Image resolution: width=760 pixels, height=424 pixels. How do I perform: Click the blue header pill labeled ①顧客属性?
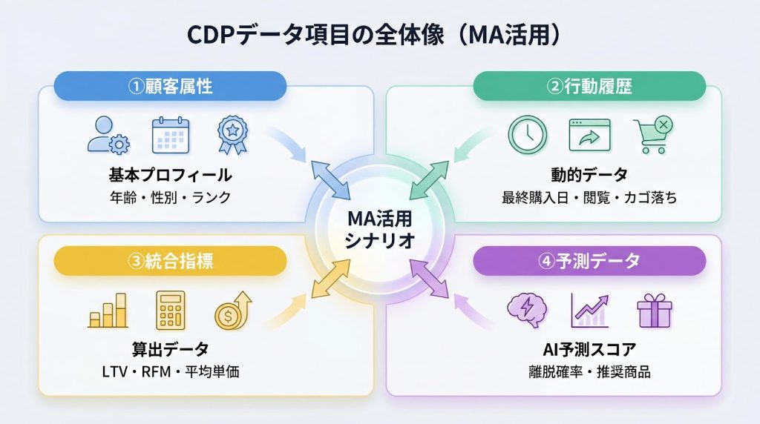point(170,86)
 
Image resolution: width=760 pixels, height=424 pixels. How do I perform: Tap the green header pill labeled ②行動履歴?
point(589,86)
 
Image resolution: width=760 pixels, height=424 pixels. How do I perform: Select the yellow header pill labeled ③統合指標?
point(170,261)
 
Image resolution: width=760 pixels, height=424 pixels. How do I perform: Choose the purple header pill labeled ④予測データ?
point(589,261)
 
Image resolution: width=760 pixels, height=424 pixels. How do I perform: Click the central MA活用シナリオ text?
point(379,231)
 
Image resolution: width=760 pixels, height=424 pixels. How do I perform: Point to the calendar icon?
point(171,136)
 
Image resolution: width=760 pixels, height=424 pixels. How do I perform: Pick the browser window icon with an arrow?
point(589,136)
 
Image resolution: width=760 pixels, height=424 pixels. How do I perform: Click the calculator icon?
point(171,311)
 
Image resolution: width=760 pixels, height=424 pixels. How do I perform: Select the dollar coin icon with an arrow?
point(232,311)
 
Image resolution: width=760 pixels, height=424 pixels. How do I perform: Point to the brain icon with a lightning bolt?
point(527,311)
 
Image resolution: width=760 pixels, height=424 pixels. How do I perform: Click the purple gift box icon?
point(654,311)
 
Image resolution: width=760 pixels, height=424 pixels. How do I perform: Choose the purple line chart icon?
point(589,311)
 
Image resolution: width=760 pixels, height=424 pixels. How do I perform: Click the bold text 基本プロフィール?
point(170,176)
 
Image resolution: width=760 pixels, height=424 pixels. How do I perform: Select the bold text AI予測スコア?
point(589,350)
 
